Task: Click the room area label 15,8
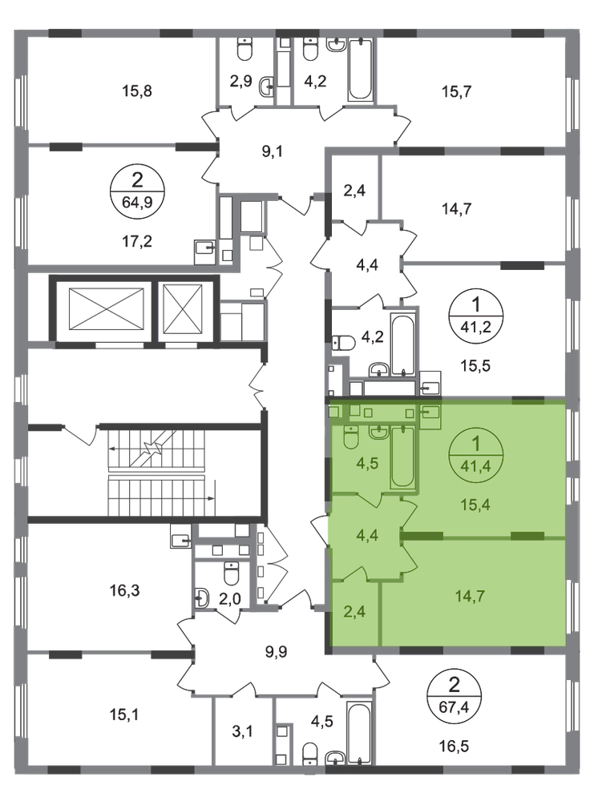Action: (137, 91)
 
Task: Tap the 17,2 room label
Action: (136, 240)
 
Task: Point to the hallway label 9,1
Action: (273, 151)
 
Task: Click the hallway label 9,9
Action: (277, 652)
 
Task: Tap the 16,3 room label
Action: (125, 590)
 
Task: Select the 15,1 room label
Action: (125, 714)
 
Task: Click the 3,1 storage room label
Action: (242, 731)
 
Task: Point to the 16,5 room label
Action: (454, 747)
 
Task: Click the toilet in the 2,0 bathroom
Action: (231, 574)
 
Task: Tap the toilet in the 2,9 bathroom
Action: (244, 50)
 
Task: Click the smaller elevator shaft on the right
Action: (183, 308)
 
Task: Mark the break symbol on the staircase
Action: (152, 449)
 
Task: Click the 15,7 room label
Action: (456, 91)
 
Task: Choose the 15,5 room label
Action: (475, 366)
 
